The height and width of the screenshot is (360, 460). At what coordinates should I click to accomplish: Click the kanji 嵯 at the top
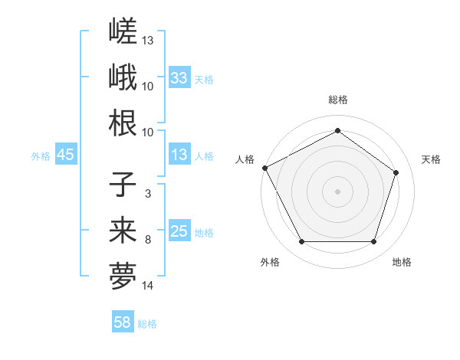click(x=123, y=31)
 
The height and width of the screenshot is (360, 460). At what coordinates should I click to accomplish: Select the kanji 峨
click(x=123, y=77)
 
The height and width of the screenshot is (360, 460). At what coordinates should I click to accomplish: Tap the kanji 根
click(x=123, y=123)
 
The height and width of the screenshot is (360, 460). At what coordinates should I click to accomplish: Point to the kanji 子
click(x=123, y=185)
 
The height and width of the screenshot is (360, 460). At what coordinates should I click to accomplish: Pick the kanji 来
click(x=123, y=230)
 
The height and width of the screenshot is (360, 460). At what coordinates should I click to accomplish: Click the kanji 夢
click(x=123, y=276)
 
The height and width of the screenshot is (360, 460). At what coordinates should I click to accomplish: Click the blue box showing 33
click(x=179, y=77)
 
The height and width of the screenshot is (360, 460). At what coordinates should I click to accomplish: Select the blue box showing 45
click(x=66, y=154)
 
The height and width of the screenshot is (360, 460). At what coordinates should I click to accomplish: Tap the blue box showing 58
click(x=123, y=321)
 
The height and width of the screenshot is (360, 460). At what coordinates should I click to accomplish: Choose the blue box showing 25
click(x=179, y=230)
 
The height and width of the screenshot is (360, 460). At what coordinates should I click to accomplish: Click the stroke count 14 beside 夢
click(x=147, y=286)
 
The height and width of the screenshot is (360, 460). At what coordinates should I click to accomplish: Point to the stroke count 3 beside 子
click(x=148, y=194)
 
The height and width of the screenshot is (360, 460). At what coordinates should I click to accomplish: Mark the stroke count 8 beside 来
click(x=148, y=240)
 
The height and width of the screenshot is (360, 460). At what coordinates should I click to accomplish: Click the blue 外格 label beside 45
click(x=41, y=156)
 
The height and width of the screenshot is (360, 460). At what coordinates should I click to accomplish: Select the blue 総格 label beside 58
click(x=147, y=324)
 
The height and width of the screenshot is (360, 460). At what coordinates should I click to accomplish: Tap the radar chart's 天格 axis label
click(x=431, y=159)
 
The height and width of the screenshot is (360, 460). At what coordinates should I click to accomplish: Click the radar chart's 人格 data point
click(x=265, y=168)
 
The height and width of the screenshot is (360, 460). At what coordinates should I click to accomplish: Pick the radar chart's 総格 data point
click(x=337, y=130)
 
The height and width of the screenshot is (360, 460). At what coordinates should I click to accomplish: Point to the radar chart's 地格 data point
click(x=373, y=241)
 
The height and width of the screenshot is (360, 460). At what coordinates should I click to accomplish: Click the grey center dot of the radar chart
click(x=337, y=191)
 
